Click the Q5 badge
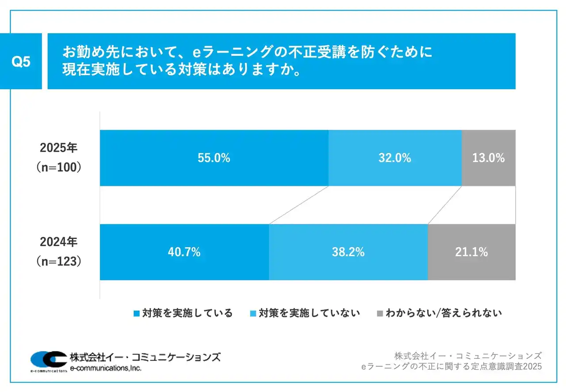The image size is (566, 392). tap(21, 62)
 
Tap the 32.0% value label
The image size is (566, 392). tap(394, 158)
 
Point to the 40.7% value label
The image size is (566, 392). tap(184, 252)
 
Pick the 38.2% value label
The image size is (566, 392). tap(348, 252)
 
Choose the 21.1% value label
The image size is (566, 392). tap(471, 252)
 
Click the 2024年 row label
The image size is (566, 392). tap(58, 242)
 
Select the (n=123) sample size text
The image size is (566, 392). tap(58, 262)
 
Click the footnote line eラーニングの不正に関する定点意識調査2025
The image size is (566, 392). tap(451, 367)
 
